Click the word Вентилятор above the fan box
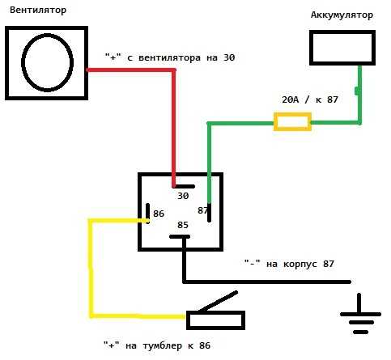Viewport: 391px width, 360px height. tap(38, 11)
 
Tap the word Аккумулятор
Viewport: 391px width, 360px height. tap(342, 15)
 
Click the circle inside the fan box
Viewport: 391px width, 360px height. tap(47, 62)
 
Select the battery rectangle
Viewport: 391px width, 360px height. tap(342, 48)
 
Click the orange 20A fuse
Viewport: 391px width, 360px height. tap(292, 122)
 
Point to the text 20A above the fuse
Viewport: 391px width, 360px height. tap(291, 100)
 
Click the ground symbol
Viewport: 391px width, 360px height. tap(360, 314)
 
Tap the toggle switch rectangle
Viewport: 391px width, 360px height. tap(215, 320)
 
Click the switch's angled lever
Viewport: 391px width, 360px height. tap(218, 301)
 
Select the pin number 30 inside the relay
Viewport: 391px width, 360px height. tap(183, 196)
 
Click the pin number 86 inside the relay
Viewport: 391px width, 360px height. tap(159, 214)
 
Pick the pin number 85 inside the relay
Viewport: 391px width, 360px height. tap(183, 225)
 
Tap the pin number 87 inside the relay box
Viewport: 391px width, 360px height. tap(202, 210)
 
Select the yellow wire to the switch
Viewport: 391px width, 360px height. tap(91, 269)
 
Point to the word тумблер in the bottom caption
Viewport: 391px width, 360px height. tap(163, 345)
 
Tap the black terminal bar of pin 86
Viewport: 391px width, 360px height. tap(147, 213)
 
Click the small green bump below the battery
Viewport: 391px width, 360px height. tap(357, 91)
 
